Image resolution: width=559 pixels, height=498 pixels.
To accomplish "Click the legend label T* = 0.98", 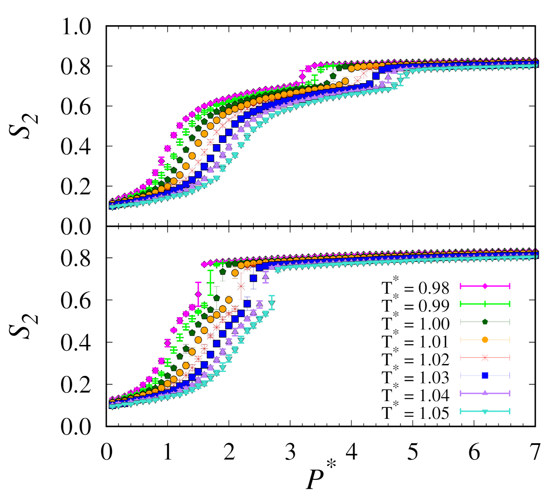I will tap(415, 287).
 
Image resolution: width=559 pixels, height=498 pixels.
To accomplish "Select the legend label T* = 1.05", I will tap(415, 412).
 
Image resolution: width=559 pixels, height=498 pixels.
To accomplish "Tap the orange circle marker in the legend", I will tap(485, 340).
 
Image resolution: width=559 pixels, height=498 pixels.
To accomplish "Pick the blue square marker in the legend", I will tap(485, 375).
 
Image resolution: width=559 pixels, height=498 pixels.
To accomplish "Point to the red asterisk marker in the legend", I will tap(485, 357).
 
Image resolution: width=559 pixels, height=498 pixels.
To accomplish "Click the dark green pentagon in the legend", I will tap(485, 322).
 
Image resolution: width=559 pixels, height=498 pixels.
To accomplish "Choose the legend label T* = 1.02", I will tap(415, 359).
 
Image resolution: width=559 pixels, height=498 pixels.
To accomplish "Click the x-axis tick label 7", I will tap(535, 452).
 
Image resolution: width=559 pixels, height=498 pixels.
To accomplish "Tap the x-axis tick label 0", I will tap(107, 452).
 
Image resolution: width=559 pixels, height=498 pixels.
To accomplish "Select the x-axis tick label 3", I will tap(290, 452).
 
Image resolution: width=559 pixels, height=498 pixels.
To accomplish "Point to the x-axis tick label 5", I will tap(413, 452).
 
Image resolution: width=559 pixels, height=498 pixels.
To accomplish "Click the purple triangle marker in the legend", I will tap(485, 393).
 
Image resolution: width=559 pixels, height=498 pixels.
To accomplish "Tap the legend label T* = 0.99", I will tap(415, 306).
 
